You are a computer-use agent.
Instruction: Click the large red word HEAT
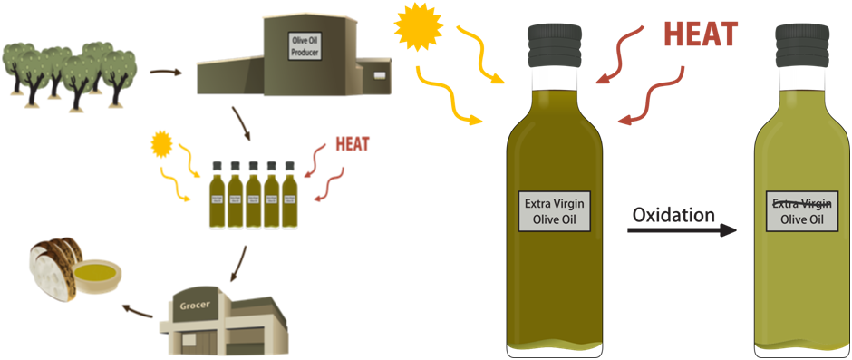tap(700, 34)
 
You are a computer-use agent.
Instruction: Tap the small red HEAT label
tap(353, 144)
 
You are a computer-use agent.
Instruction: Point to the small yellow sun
tap(161, 141)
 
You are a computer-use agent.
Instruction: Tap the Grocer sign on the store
tap(196, 306)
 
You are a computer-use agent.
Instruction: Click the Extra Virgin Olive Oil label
tap(554, 210)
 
